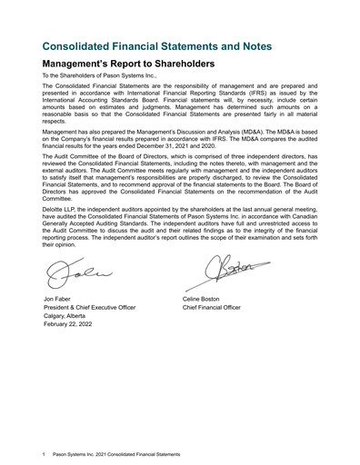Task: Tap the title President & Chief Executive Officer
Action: tap(89, 308)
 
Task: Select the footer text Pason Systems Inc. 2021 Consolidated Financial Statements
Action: tap(117, 453)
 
